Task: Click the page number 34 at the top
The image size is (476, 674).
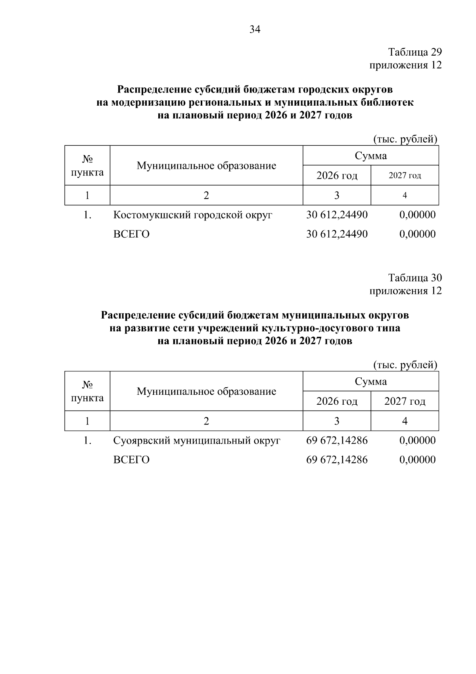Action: [x=255, y=29]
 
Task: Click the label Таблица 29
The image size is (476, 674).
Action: [x=415, y=52]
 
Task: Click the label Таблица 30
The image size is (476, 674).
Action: [x=415, y=278]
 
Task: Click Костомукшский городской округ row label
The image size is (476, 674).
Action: [x=193, y=215]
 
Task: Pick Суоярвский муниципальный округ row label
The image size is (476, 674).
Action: [x=197, y=440]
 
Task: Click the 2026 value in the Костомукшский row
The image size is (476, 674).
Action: [x=337, y=215]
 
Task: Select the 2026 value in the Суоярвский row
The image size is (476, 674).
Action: [x=337, y=440]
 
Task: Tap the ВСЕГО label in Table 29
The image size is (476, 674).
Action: [x=131, y=234]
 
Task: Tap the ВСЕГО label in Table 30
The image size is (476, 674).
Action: [x=131, y=460]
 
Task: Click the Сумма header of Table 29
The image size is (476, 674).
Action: [x=370, y=156]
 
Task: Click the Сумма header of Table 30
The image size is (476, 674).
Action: [x=370, y=382]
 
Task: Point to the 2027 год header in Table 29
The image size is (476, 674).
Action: [x=405, y=176]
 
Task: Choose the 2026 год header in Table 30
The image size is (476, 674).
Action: [x=337, y=402]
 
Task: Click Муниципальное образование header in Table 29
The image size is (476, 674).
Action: [x=206, y=166]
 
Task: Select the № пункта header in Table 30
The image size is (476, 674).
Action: [x=87, y=392]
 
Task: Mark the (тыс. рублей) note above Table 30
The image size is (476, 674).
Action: [x=405, y=365]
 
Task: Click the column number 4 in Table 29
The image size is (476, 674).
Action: [x=405, y=195]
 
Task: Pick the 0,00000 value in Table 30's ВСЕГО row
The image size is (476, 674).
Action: [x=417, y=460]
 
